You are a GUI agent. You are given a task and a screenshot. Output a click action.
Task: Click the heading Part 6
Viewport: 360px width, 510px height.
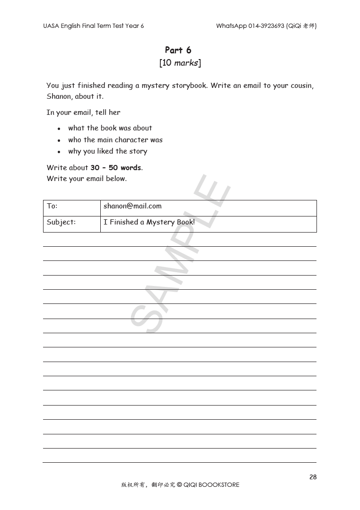click(x=178, y=50)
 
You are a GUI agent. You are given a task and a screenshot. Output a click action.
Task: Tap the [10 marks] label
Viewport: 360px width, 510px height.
click(x=180, y=63)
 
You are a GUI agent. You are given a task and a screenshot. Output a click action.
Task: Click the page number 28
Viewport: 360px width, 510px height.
click(x=313, y=477)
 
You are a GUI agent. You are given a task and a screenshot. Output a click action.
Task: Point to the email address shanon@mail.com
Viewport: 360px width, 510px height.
click(x=132, y=206)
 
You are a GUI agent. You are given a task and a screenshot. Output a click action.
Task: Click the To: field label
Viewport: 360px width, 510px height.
click(x=52, y=206)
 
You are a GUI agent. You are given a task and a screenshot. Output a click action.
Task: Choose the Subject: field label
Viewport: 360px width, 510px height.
click(x=61, y=222)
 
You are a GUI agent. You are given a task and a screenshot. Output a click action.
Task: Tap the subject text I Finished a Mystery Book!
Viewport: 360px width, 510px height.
click(x=149, y=222)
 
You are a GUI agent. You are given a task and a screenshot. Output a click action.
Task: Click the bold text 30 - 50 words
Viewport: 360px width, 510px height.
click(x=116, y=168)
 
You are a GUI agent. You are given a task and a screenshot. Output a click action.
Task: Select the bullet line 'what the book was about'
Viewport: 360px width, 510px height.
click(x=110, y=128)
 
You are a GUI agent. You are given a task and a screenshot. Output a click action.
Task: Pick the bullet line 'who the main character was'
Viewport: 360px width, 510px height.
click(x=115, y=140)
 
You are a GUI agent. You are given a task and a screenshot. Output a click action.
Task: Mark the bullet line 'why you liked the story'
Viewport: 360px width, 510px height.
click(x=107, y=152)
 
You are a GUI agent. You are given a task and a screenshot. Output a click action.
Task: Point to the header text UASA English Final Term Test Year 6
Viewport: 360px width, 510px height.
click(x=93, y=26)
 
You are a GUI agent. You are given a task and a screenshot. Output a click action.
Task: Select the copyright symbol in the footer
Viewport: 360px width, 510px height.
click(x=179, y=485)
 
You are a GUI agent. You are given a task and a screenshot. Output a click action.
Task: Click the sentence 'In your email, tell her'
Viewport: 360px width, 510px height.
click(x=83, y=112)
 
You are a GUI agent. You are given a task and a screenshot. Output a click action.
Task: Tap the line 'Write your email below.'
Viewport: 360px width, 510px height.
click(x=87, y=179)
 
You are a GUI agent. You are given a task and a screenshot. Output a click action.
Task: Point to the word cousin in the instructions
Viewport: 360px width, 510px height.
click(x=301, y=86)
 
